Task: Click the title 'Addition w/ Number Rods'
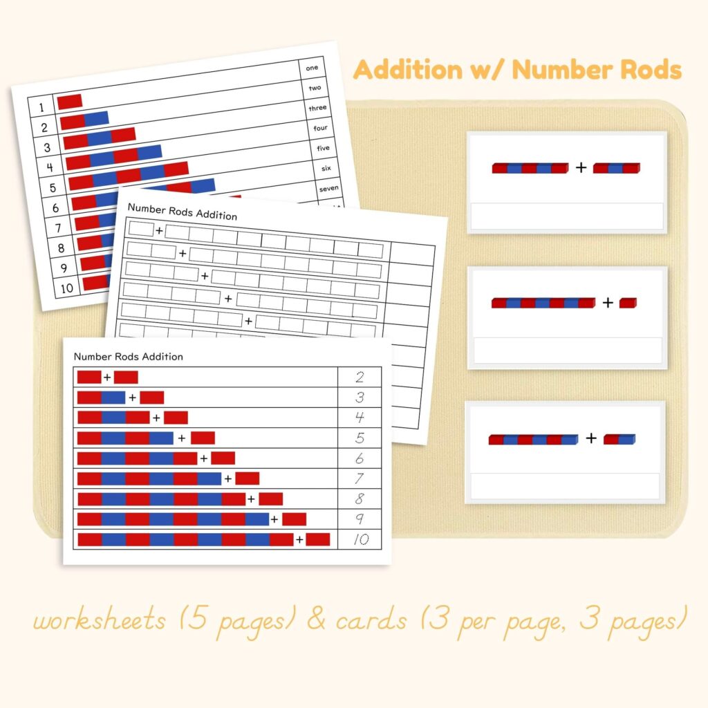[517, 70]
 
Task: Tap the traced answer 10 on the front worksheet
[362, 539]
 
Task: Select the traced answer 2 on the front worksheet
[360, 377]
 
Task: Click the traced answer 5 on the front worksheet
[360, 438]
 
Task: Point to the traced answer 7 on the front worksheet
[360, 478]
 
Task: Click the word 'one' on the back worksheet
[312, 68]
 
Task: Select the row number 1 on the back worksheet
[41, 107]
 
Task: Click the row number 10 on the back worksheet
[66, 288]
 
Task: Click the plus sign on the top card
[581, 167]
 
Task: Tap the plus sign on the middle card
[607, 302]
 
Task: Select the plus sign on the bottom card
[590, 438]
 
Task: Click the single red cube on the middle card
[628, 302]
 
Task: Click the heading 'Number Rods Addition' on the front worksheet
[128, 357]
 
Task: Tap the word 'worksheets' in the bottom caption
[99, 620]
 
